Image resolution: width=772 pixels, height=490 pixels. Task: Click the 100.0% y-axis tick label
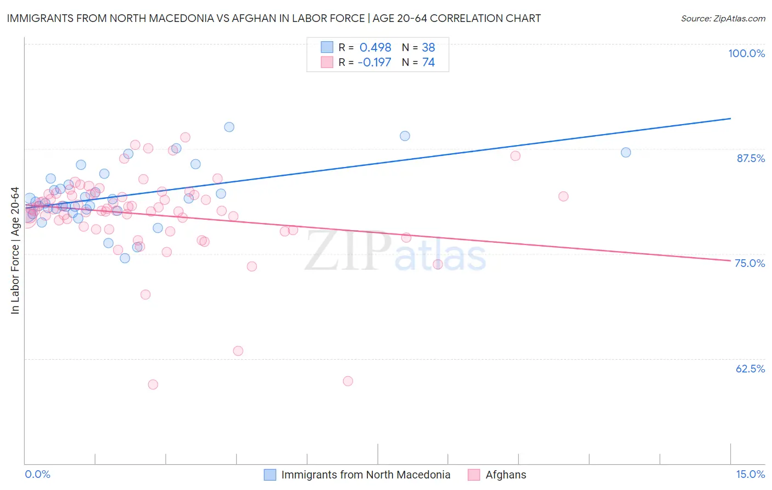(746, 53)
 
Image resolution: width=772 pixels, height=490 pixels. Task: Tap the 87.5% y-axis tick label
(751, 158)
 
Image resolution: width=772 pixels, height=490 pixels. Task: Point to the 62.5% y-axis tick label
(750, 369)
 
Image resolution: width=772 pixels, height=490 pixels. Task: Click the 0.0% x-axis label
(37, 474)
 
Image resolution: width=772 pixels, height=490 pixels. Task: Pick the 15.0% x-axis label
(750, 474)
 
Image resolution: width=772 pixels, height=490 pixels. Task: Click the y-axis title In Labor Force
(15, 250)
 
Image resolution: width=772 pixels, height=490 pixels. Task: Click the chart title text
(273, 18)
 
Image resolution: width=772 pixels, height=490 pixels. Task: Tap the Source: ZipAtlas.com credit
(723, 19)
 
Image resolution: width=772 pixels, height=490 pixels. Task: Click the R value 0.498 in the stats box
(375, 47)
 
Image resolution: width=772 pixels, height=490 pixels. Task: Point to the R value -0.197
(374, 62)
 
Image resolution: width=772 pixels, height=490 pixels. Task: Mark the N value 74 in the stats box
(428, 62)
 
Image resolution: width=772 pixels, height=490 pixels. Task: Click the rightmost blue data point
(625, 152)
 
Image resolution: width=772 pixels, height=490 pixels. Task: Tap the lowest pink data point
(153, 385)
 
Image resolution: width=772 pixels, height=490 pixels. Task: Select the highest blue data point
(229, 127)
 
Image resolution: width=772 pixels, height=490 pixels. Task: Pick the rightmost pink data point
(563, 196)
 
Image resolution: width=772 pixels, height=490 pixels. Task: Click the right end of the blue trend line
(730, 118)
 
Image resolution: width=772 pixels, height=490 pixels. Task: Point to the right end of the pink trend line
(730, 260)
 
